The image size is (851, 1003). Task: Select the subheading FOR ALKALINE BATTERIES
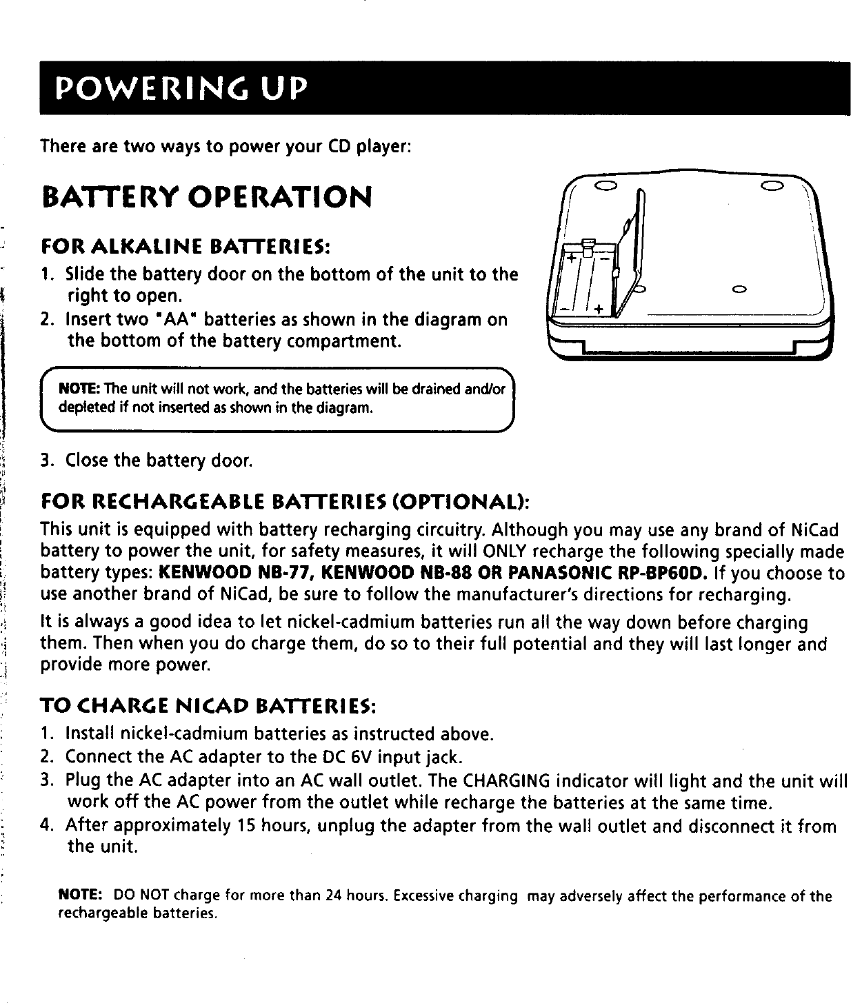pos(186,246)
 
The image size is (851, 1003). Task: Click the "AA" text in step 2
pos(175,320)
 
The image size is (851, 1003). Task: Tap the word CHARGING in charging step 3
pos(507,781)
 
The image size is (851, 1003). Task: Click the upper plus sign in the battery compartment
pos(572,258)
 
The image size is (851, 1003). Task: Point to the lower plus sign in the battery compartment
pos(598,308)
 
